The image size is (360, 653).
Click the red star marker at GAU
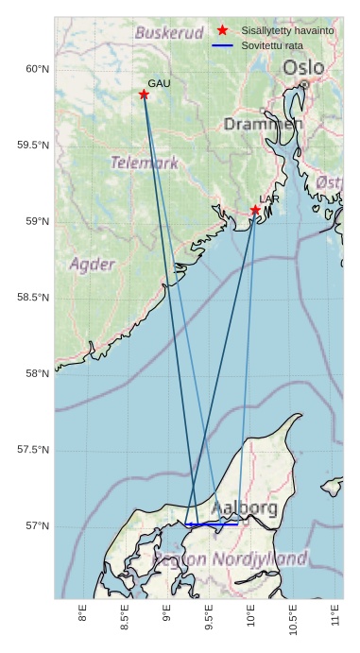click(x=144, y=95)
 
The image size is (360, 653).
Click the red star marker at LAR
click(x=255, y=210)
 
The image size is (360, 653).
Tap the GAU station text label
click(x=159, y=84)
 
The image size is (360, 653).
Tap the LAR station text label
click(x=269, y=199)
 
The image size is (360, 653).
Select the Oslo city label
click(x=303, y=68)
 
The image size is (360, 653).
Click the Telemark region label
click(x=145, y=163)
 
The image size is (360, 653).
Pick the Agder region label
click(x=93, y=264)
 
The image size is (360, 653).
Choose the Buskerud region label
click(x=169, y=33)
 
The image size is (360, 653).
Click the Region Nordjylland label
click(x=231, y=558)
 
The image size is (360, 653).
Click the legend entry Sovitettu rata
click(x=272, y=45)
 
